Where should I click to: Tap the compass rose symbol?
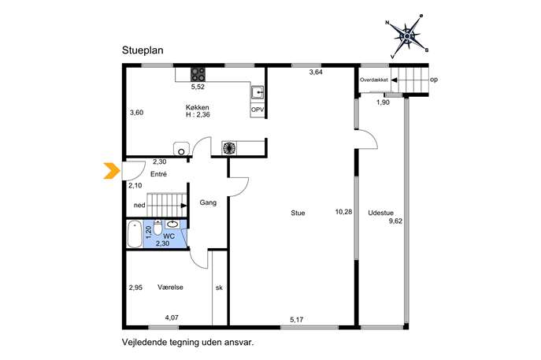point(407,36)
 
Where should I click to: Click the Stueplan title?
point(143,50)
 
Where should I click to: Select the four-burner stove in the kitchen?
point(198,74)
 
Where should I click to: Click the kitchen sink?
point(257,92)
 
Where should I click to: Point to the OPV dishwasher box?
point(258,109)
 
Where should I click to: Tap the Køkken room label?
point(198,107)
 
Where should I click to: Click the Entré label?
point(159,174)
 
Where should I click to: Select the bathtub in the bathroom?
point(135,235)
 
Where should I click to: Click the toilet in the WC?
point(157,228)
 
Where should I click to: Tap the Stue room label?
point(298,213)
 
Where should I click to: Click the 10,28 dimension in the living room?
point(343,212)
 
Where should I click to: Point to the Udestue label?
point(380,213)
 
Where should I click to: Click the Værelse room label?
point(170,288)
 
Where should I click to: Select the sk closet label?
point(219,288)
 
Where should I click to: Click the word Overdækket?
point(374,80)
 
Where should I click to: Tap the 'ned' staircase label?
point(139,206)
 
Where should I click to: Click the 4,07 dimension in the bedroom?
point(172,317)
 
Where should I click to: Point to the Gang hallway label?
point(208,202)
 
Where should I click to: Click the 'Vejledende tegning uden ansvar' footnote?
point(188,343)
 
